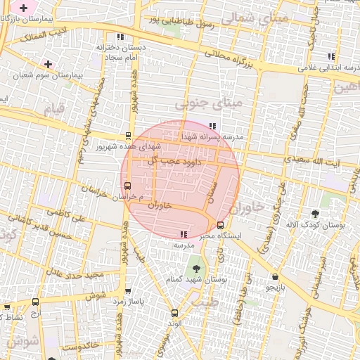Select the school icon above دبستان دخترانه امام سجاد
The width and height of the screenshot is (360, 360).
(121, 37)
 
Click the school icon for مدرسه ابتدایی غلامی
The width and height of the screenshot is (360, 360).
(330, 56)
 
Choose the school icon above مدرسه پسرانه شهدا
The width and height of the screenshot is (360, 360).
(213, 127)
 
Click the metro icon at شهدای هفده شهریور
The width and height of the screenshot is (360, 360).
(128, 136)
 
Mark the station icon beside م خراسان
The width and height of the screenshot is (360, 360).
(127, 186)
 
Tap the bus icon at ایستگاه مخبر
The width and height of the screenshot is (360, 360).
(221, 226)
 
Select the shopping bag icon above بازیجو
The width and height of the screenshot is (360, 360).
(274, 276)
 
